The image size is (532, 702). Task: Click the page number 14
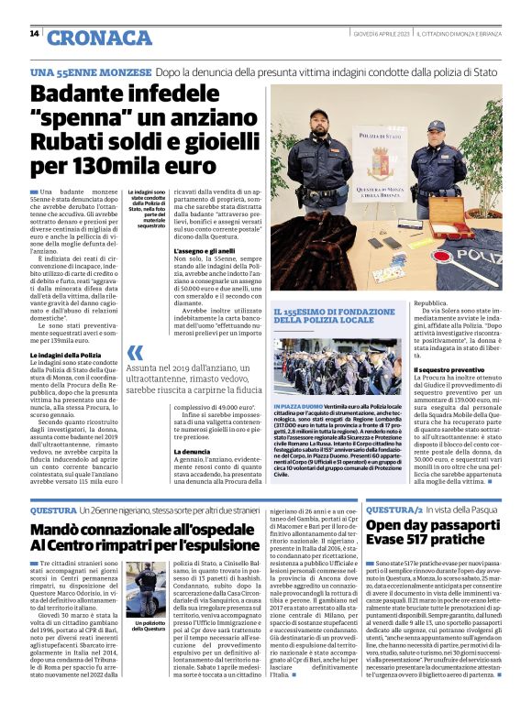tap(34, 34)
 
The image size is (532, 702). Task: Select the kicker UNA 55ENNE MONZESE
tap(90, 71)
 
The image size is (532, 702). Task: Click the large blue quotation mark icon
tap(136, 351)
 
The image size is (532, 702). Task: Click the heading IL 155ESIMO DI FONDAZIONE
tap(338, 315)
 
